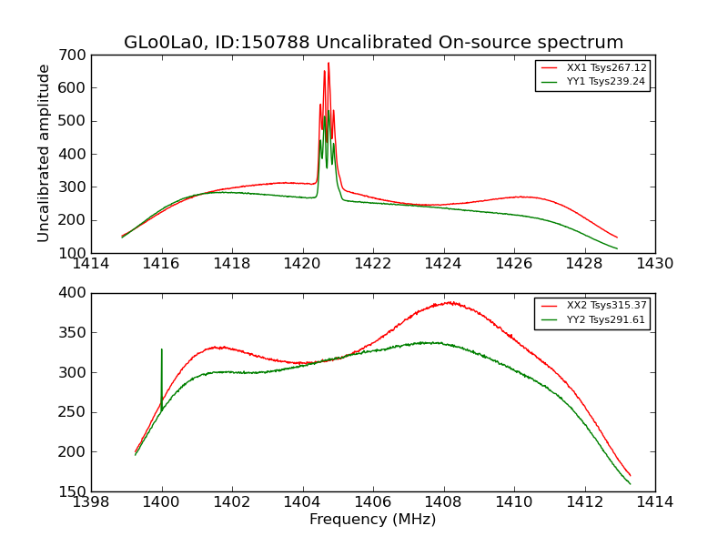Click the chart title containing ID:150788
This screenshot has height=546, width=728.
coord(373,43)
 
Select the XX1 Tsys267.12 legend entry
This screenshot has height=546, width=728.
coord(606,67)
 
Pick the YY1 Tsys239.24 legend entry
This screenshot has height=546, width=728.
coord(606,81)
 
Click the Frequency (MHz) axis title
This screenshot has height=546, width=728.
coord(373,520)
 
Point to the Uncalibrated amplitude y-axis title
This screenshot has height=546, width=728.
coord(44,153)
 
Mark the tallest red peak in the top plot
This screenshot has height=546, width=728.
coord(329,63)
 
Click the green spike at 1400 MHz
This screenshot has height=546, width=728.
coord(162,349)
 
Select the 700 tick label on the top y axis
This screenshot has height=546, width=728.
coord(74,55)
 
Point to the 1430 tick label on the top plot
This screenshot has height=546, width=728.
coord(655,264)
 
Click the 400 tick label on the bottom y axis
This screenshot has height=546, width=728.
coord(74,293)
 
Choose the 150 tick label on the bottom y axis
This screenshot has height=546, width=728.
coord(74,491)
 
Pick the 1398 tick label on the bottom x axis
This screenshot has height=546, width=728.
coord(91,502)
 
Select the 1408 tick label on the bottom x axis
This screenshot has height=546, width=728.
coord(443,502)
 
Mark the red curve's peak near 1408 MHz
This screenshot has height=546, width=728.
coord(450,302)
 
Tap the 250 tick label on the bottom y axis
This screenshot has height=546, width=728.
coord(74,412)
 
